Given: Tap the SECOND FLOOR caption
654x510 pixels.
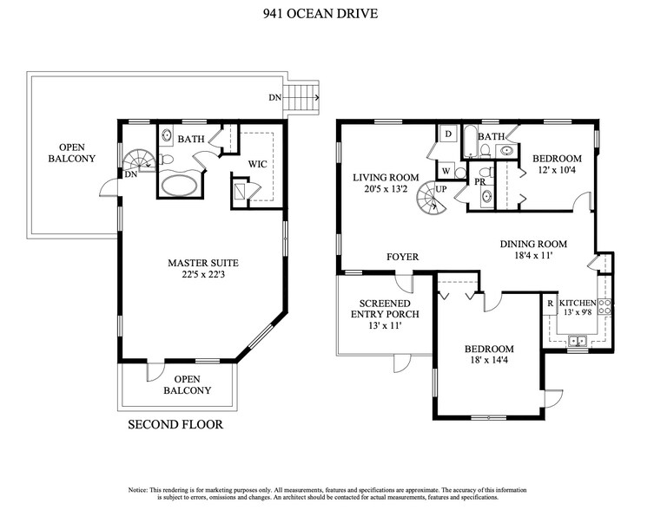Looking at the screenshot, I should pyautogui.click(x=175, y=425).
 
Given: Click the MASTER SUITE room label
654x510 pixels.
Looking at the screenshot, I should pyautogui.click(x=203, y=262).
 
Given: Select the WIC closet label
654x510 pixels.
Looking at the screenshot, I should pyautogui.click(x=257, y=163).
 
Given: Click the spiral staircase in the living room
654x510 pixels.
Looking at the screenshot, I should pyautogui.click(x=427, y=201).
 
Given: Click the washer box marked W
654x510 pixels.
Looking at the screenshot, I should pyautogui.click(x=446, y=171).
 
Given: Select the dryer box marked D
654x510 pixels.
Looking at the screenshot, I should pyautogui.click(x=448, y=134).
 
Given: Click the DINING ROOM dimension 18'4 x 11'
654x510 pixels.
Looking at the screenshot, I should pyautogui.click(x=533, y=258).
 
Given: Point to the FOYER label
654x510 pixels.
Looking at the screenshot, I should pyautogui.click(x=403, y=258).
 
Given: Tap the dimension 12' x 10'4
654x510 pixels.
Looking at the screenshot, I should pyautogui.click(x=556, y=171).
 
